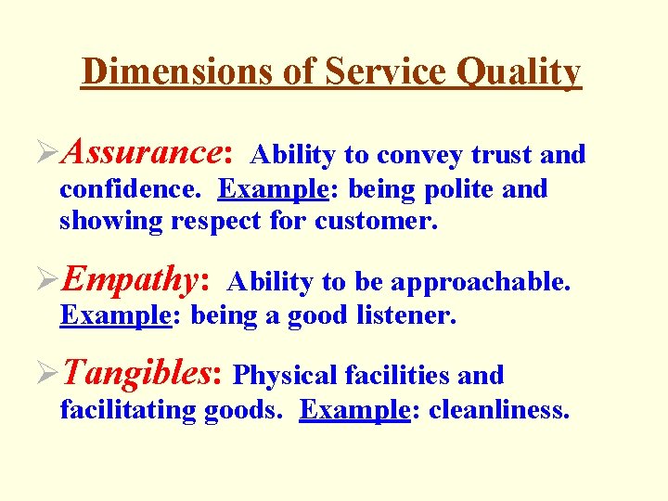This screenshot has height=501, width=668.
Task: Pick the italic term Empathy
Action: [x=137, y=279]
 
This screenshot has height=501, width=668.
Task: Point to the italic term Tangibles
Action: [x=141, y=373]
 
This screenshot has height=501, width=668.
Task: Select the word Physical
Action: [x=285, y=376]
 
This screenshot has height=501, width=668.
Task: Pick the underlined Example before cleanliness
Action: [x=354, y=409]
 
